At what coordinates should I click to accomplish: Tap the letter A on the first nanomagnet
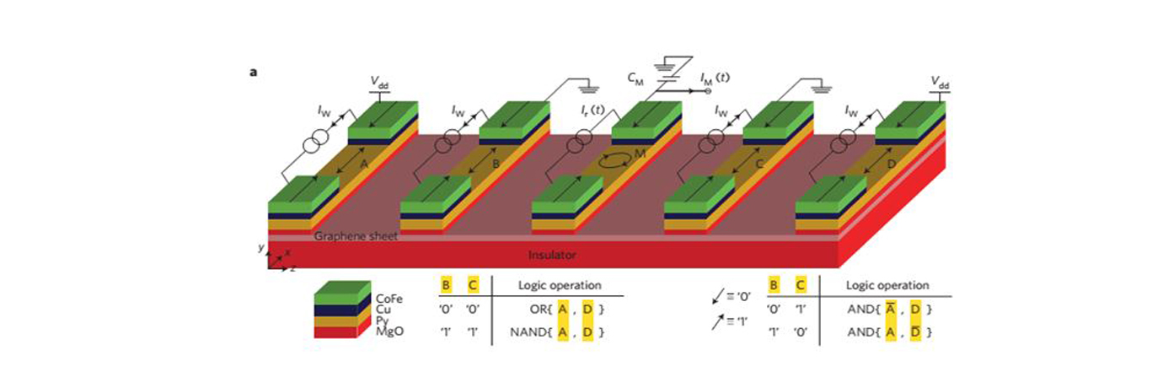point(364,165)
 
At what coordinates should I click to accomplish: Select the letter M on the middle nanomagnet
point(640,154)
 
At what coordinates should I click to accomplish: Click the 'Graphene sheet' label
point(355,237)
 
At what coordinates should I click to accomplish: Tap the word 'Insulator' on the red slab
point(552,254)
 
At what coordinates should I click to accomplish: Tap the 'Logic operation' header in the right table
point(887,286)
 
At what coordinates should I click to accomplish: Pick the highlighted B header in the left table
point(446,286)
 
